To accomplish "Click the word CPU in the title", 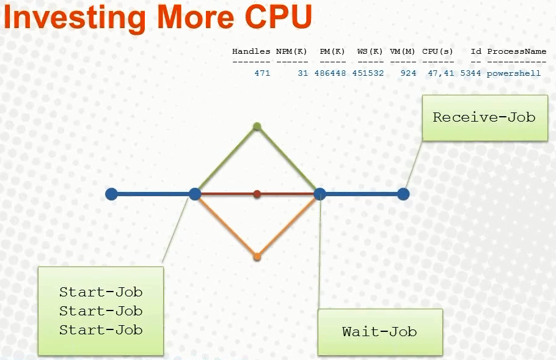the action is [x=278, y=17].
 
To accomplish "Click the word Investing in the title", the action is [x=75, y=18].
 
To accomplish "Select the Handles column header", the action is [x=251, y=51].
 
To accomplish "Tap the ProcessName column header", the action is [x=517, y=51].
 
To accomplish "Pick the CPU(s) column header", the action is [x=437, y=51].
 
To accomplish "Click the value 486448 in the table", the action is [x=330, y=73].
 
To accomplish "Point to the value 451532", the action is [x=368, y=73].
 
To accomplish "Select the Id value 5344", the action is [x=470, y=73].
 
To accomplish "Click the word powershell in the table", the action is [x=514, y=73].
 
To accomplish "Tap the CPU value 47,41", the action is [x=441, y=73].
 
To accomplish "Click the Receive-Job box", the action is [x=485, y=118].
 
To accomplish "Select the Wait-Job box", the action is [x=380, y=332].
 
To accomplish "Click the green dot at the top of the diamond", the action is [x=257, y=127].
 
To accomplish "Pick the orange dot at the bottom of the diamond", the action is [x=257, y=257].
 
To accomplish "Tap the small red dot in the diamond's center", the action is [x=257, y=194].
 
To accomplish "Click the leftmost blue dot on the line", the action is [x=111, y=194].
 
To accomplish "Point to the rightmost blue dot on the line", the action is [x=403, y=194].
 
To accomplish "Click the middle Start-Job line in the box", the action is [x=101, y=311].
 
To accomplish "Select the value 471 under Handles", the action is [x=262, y=73].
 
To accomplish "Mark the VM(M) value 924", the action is [x=408, y=73].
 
